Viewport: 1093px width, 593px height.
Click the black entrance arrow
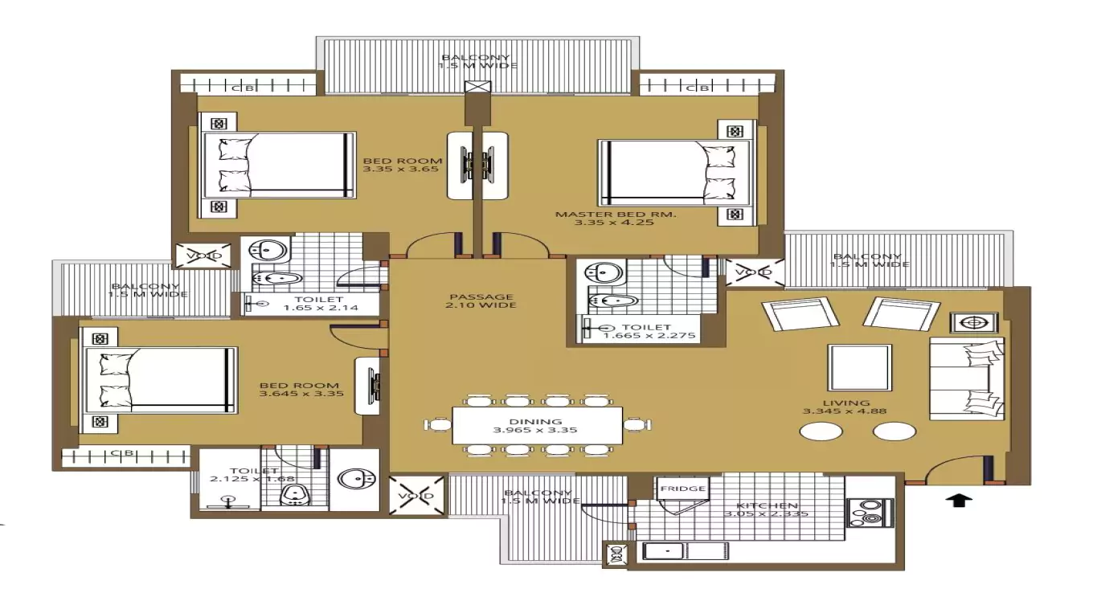(x=962, y=500)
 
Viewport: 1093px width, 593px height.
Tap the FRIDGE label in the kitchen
(x=682, y=488)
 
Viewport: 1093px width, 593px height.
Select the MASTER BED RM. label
(x=615, y=218)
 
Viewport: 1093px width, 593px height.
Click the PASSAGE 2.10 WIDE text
(x=482, y=301)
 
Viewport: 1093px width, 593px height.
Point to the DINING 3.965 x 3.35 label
(x=534, y=426)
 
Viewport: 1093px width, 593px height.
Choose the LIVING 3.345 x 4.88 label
(x=846, y=407)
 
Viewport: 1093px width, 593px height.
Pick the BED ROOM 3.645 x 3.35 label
(x=299, y=390)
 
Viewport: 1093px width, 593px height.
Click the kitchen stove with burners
(x=870, y=513)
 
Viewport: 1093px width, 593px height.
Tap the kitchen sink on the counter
(x=665, y=550)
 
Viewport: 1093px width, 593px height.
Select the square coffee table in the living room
(x=860, y=367)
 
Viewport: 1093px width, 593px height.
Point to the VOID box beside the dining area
(x=416, y=496)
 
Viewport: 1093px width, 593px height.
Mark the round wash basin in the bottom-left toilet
(x=354, y=479)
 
